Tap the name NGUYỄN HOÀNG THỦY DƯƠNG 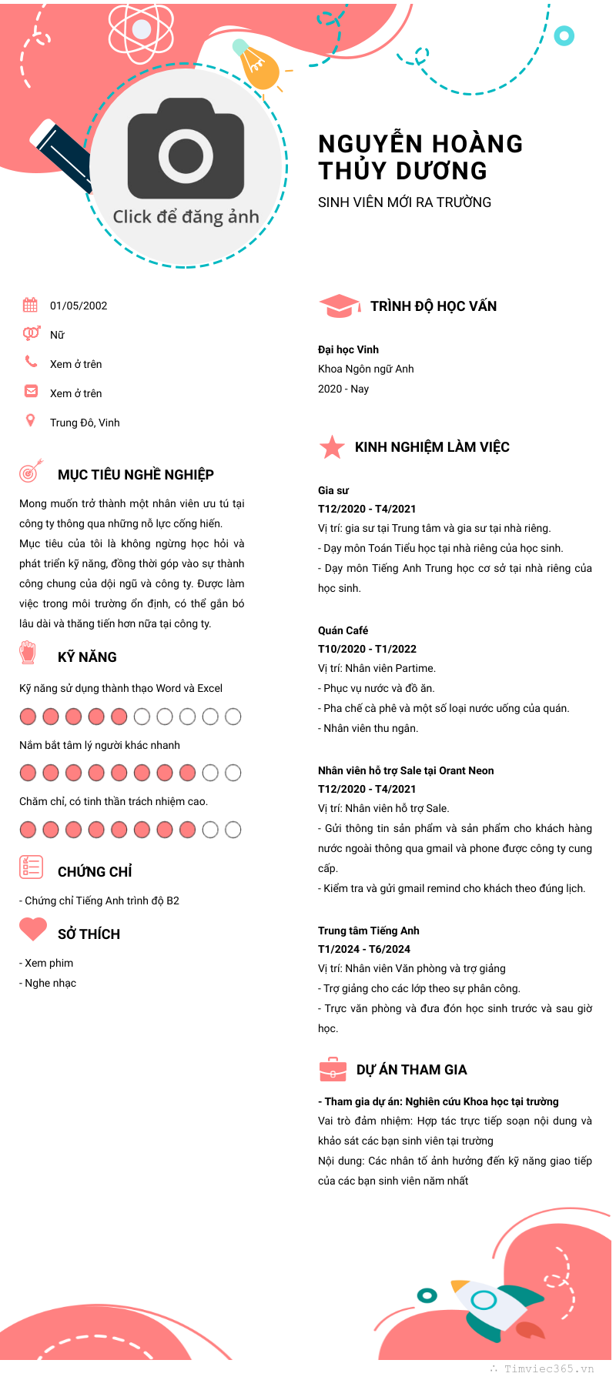click(x=420, y=157)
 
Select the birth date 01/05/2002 click(x=79, y=306)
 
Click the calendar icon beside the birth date click(x=30, y=305)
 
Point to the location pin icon click(x=30, y=420)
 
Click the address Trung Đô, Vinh click(x=85, y=423)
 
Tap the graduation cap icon click(x=339, y=306)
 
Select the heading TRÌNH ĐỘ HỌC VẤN click(x=434, y=306)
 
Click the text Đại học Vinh click(x=348, y=349)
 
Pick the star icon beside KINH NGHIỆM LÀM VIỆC click(x=332, y=446)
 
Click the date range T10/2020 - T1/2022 click(x=367, y=649)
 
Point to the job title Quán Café click(x=343, y=630)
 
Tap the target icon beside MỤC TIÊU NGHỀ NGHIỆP click(x=31, y=471)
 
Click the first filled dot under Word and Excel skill click(x=28, y=717)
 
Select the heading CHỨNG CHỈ click(x=95, y=872)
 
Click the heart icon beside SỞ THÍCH click(x=33, y=929)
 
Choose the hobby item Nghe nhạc click(x=51, y=983)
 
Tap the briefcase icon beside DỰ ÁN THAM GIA click(x=333, y=1070)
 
